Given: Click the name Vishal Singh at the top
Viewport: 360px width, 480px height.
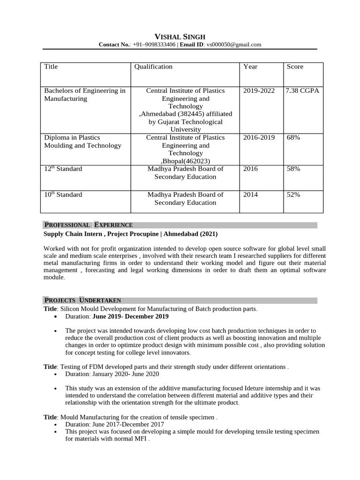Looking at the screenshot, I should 180,37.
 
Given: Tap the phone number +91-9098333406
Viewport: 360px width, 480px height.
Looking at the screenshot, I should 154,45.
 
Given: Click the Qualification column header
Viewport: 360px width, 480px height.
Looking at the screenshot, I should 153,67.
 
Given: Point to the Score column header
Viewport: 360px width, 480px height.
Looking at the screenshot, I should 295,67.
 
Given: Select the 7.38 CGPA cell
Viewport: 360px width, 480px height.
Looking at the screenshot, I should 302,90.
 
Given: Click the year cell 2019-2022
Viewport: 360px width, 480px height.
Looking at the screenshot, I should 259,90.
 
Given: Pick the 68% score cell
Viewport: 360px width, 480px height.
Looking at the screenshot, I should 293,137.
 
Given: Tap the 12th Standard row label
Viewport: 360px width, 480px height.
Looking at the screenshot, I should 63,169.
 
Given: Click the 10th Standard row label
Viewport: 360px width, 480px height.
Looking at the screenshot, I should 63,195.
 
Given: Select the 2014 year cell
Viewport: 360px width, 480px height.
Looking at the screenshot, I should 251,195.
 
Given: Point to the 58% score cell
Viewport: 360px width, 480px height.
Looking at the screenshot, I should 293,169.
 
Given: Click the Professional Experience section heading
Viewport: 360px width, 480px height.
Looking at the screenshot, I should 88,225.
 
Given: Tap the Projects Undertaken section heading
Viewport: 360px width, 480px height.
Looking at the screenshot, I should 82,300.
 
